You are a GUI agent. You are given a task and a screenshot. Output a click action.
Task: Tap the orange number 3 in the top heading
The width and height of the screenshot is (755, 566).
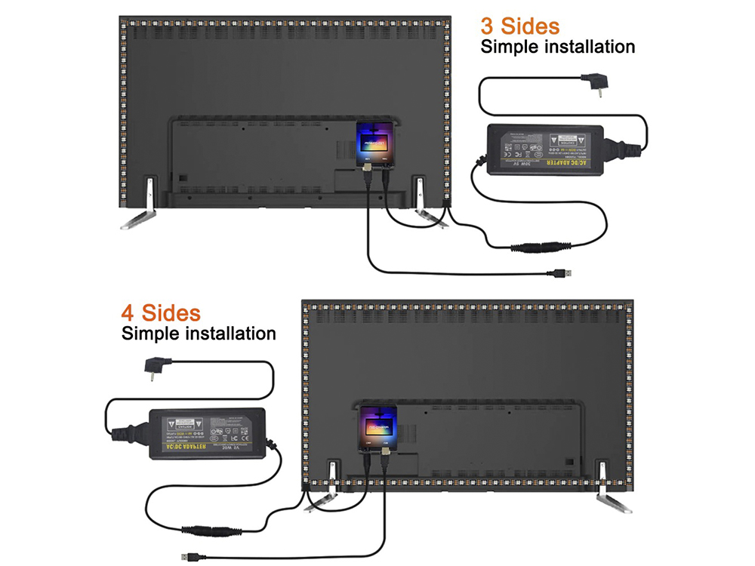[488, 26]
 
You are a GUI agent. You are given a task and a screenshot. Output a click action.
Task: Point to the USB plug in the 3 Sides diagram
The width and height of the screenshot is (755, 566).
[565, 272]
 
